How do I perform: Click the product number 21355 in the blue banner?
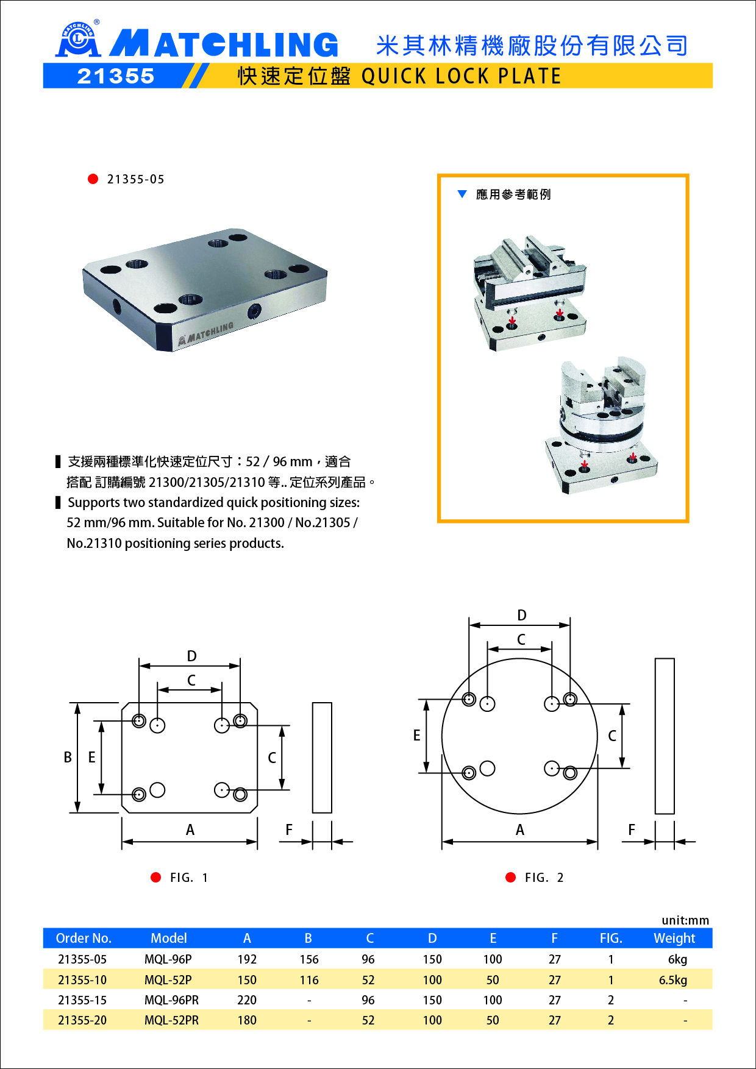[x=116, y=76]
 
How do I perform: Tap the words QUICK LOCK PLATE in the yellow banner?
[x=461, y=76]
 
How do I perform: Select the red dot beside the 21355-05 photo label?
[x=93, y=179]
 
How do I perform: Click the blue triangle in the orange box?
[x=462, y=194]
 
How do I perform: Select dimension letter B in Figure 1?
[x=68, y=757]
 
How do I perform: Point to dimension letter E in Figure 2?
[x=416, y=735]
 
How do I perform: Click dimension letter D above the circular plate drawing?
[x=522, y=615]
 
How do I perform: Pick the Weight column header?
[x=674, y=938]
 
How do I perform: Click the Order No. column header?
[x=84, y=938]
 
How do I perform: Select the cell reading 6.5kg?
[x=673, y=980]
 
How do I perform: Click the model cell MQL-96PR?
[x=171, y=1000]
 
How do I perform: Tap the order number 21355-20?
[x=82, y=1020]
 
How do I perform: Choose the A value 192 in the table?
[x=247, y=959]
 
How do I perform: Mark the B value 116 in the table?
[x=309, y=980]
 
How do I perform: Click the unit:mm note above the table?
[x=685, y=920]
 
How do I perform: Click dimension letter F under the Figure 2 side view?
[x=632, y=829]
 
